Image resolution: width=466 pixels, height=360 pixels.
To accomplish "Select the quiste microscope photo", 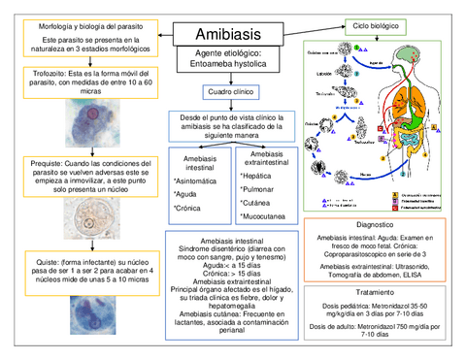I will pos(79,315).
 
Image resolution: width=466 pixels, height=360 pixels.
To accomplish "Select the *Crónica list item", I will pos(188,208).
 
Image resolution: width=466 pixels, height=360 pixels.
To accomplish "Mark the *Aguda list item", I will pos(186,194).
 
